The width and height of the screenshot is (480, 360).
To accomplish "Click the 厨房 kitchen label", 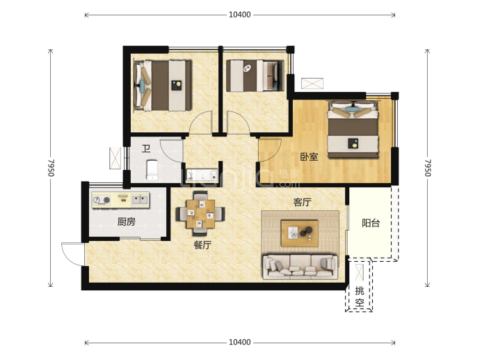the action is click(x=126, y=221).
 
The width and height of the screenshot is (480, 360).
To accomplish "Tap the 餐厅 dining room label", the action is click(x=202, y=245).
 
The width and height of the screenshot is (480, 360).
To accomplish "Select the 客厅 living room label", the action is click(x=302, y=202).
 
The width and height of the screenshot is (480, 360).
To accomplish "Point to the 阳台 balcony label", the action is click(x=371, y=223).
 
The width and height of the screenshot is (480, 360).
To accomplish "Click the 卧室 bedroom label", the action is click(x=309, y=157).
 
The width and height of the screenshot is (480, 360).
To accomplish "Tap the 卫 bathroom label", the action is click(x=146, y=148).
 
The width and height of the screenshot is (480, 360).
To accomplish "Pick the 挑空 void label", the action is click(x=360, y=297).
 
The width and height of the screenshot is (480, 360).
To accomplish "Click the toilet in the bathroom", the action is click(x=152, y=170).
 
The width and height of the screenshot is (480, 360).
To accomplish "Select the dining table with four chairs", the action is click(x=200, y=214).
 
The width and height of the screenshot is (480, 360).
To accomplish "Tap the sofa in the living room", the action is click(x=301, y=266).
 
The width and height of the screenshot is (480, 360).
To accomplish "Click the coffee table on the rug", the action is click(x=300, y=233).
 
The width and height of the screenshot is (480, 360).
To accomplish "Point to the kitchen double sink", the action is click(x=140, y=200).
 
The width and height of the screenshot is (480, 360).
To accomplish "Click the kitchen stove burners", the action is click(x=102, y=201).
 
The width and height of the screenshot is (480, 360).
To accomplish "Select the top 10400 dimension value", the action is click(x=240, y=15).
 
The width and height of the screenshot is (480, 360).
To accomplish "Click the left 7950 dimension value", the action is click(x=51, y=168).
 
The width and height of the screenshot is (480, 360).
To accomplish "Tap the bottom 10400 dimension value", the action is click(x=240, y=342).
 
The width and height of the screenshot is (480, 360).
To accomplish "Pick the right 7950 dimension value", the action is click(x=428, y=168).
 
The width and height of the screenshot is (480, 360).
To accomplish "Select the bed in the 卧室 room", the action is click(x=353, y=129).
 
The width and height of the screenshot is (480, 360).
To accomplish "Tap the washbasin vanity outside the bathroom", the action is click(x=202, y=175).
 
